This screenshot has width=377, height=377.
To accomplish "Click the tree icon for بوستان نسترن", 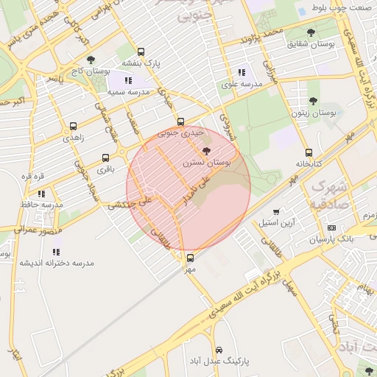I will coord(205,150).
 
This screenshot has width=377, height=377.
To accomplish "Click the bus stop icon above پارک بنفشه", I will coord(141,52).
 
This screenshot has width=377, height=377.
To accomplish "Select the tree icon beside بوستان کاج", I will coord(91,60).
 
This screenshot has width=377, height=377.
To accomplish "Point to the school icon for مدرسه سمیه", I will coord(128,80).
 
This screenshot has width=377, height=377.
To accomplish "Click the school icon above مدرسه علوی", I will coord(242,72).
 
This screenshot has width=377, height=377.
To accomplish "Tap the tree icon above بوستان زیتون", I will coord(313,101).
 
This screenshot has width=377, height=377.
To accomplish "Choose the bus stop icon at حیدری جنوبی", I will coord(180,121).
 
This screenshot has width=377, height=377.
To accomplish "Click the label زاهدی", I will coord(73,137).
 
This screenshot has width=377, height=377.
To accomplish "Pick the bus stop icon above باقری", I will coord(105,158).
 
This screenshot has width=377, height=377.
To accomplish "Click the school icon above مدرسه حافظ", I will coord(41,193).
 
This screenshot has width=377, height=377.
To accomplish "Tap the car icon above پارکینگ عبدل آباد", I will coord(219,350).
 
